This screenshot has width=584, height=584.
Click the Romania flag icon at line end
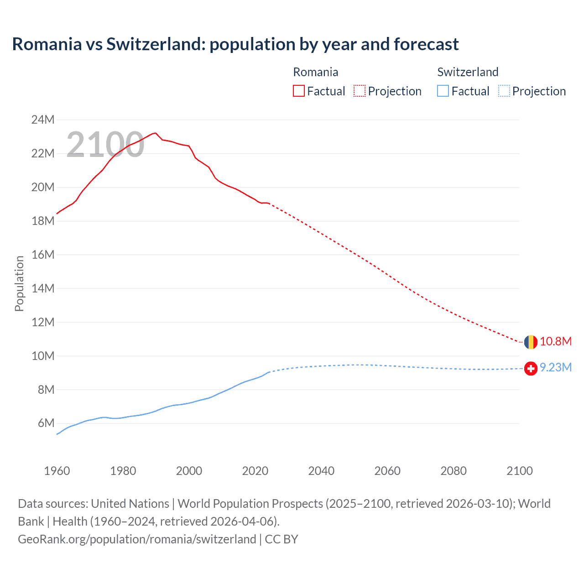531,342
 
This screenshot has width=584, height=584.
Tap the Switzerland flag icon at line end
531,368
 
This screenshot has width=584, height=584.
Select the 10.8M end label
556,341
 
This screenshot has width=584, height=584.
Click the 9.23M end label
556,367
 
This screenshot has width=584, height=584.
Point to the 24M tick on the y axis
43,120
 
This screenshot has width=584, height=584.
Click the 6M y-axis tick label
46,423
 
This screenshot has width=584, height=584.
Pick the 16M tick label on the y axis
43,255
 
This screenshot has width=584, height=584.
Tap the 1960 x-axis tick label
57,471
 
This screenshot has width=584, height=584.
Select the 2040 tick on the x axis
321,471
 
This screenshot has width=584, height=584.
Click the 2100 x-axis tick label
519,471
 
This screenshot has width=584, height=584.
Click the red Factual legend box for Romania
299,91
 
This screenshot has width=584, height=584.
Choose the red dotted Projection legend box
360,91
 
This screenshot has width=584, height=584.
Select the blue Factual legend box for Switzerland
443,91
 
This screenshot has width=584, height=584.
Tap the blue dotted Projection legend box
504,91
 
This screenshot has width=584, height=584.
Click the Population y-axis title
19,283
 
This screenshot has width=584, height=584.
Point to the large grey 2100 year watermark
105,145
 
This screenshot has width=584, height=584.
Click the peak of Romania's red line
155,133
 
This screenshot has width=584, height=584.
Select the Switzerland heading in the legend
468,72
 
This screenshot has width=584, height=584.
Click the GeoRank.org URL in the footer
137,539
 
